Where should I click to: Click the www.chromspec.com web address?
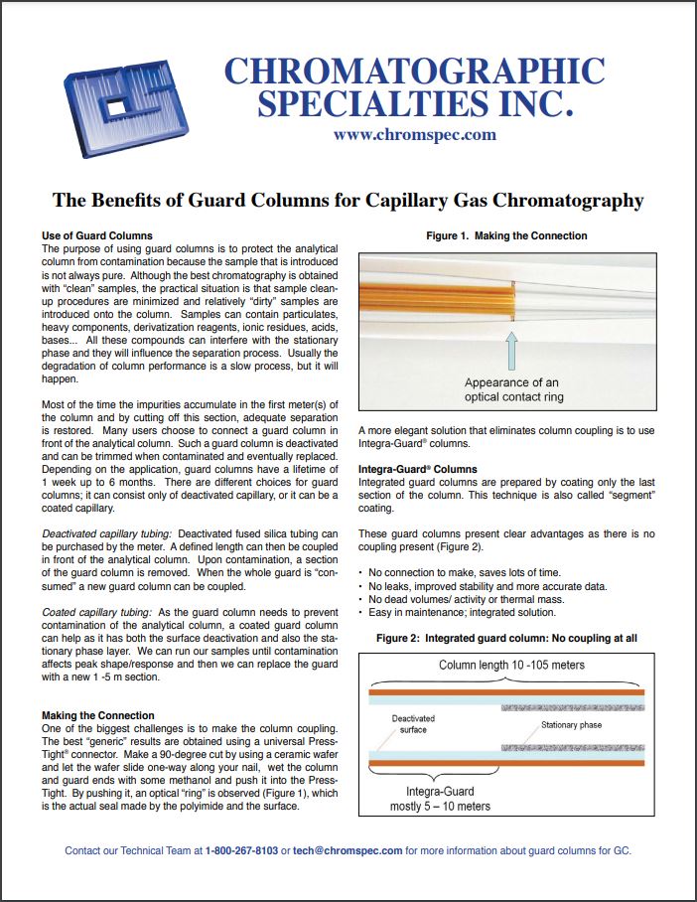click(415, 135)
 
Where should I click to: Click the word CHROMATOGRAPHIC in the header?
click(414, 71)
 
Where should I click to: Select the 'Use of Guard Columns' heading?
click(97, 235)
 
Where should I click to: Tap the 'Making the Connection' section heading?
click(97, 715)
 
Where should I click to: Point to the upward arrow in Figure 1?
click(512, 350)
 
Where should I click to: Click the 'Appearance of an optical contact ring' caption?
click(512, 390)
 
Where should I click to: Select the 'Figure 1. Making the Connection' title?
click(506, 236)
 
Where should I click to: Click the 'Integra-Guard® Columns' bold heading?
click(417, 468)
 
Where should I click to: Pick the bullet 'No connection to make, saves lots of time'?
click(465, 572)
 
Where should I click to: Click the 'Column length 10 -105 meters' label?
click(511, 664)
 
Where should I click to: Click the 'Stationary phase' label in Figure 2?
click(571, 726)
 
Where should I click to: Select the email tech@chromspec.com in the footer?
click(348, 850)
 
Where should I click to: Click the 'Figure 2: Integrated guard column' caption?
click(506, 639)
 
